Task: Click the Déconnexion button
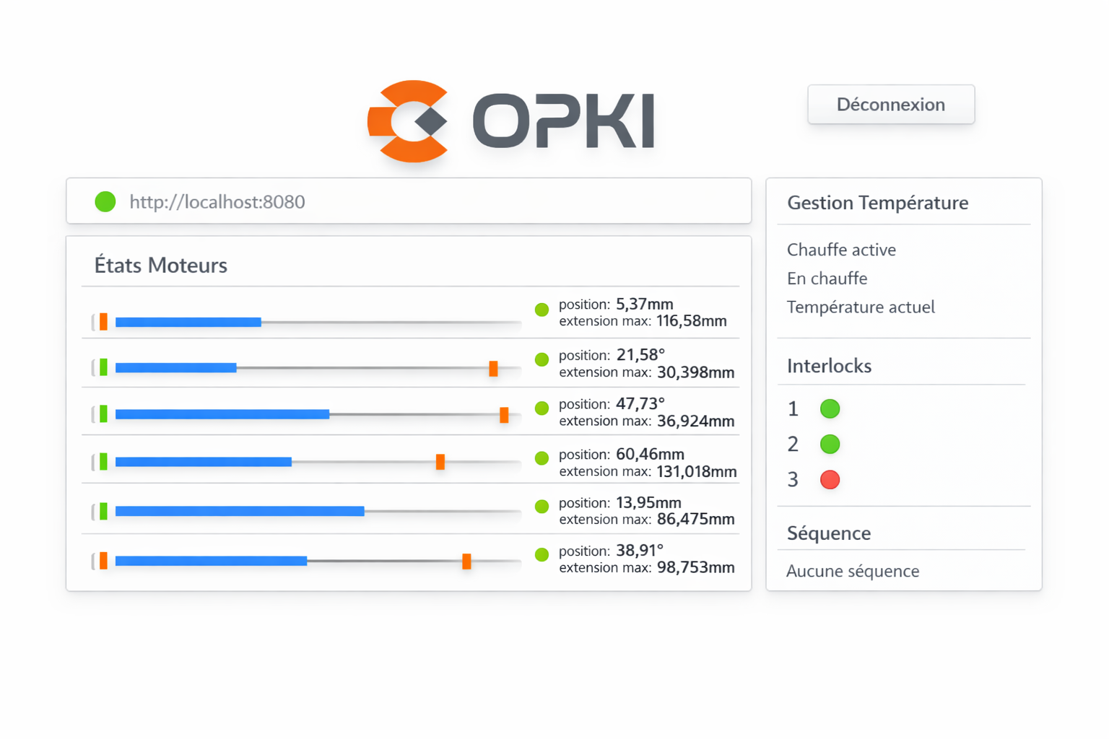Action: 890,105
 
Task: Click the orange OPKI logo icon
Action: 408,121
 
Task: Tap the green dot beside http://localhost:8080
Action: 105,201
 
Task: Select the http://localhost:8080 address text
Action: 217,202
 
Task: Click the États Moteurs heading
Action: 160,266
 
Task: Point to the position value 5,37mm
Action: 644,304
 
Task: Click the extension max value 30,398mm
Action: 695,372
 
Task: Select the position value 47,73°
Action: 640,403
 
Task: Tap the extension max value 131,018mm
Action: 696,472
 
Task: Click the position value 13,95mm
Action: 648,502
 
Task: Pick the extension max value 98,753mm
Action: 695,568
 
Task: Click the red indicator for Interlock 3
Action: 830,479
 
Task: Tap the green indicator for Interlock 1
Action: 830,409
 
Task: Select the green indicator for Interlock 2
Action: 830,444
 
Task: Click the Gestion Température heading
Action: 877,203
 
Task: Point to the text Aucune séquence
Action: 852,572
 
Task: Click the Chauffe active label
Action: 841,250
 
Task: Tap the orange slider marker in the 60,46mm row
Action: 440,462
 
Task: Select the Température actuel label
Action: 861,307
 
